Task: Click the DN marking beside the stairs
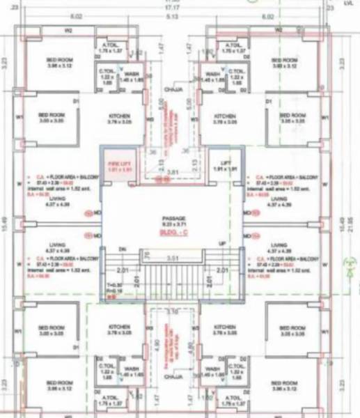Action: click(123, 248)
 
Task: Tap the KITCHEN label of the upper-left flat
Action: click(119, 117)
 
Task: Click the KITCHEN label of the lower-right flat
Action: click(225, 328)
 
